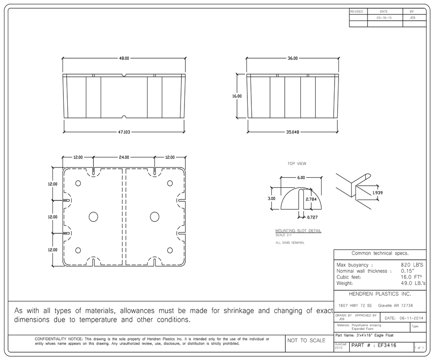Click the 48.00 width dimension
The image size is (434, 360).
[124, 59]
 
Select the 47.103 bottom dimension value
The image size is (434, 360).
[124, 132]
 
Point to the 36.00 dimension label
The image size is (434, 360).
[293, 59]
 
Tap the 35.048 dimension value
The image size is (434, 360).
[293, 132]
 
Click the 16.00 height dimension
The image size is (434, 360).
[237, 96]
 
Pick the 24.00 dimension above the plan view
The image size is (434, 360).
[124, 157]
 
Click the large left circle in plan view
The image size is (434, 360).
[94, 217]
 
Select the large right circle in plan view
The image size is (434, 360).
[155, 217]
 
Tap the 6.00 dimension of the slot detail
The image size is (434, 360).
[301, 178]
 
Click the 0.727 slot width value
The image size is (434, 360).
[312, 217]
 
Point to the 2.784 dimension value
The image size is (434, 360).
[311, 199]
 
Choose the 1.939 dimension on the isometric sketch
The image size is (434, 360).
[378, 193]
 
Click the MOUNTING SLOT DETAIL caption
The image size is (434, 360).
[299, 230]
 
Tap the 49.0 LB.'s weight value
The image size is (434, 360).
[413, 283]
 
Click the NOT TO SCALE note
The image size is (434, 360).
[306, 340]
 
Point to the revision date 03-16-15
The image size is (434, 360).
[384, 18]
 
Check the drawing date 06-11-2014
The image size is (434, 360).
[411, 318]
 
